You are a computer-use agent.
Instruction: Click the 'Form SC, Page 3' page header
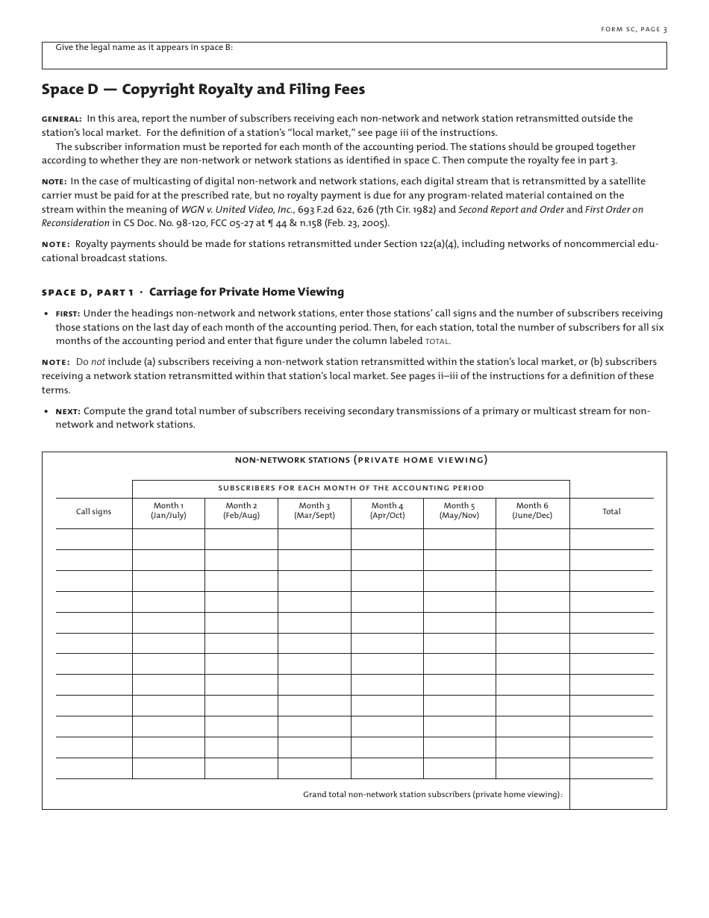pos(634,29)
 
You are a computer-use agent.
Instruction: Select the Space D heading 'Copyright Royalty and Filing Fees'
pos(243,90)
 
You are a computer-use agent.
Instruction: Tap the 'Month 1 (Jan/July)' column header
pos(169,510)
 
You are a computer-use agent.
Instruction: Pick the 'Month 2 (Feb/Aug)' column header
pos(241,510)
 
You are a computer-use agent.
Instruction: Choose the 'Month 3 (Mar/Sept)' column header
pos(314,510)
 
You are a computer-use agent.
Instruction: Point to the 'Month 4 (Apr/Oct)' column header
pos(387,510)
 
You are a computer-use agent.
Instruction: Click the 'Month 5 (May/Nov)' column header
pos(459,510)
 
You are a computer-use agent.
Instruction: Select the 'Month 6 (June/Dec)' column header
pos(532,510)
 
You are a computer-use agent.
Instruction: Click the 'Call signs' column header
pos(94,511)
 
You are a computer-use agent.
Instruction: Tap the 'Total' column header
pos(611,511)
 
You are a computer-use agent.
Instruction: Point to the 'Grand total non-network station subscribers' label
pos(432,795)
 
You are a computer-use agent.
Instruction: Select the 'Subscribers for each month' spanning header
pos(351,488)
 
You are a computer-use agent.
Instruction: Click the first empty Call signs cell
pos(94,539)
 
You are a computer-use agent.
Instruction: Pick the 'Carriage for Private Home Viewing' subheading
pos(246,292)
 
